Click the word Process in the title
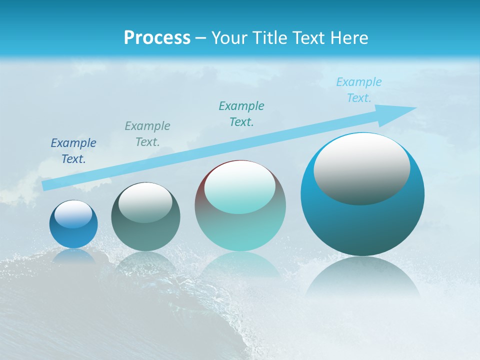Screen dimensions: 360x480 click(x=157, y=38)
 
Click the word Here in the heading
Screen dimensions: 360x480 click(x=349, y=38)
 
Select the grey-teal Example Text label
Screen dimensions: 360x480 click(x=147, y=134)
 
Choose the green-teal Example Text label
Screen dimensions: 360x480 click(x=241, y=114)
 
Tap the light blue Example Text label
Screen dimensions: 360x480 click(x=359, y=90)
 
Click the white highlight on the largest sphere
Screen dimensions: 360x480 click(x=362, y=167)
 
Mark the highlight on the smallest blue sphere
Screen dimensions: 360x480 click(x=73, y=214)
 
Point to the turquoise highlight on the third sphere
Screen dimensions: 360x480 click(x=240, y=187)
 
